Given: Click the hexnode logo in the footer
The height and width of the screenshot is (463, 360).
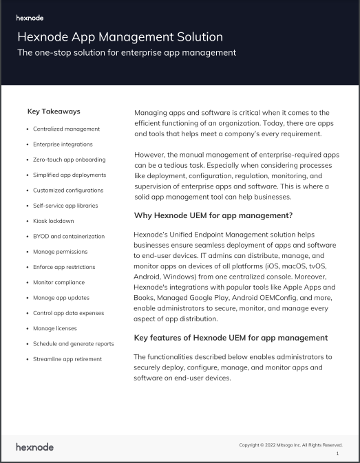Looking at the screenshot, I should (34, 447).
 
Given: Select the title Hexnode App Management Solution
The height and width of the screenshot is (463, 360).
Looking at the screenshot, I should (120, 36).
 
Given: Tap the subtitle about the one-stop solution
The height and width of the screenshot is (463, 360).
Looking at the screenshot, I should (126, 52).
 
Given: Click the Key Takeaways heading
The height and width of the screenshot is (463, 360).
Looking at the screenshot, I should (54, 111).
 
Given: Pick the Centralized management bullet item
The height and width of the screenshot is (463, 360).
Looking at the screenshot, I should (66, 129).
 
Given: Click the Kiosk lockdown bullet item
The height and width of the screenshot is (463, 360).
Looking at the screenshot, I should (54, 221).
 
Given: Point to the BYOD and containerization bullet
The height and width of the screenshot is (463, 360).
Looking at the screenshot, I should (69, 236).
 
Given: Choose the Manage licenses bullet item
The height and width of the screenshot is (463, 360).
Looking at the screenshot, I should (55, 328).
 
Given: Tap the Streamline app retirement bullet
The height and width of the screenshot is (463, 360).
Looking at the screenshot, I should (67, 359).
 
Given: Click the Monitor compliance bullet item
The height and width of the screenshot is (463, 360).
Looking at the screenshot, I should (59, 282).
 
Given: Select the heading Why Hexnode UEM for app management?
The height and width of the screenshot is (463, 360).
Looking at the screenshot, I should (213, 216).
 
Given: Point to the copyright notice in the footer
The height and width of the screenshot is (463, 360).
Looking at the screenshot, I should (290, 445).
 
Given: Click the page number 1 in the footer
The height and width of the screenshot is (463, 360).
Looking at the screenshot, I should (337, 453).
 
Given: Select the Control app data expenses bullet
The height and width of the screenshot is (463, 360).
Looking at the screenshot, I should (68, 313).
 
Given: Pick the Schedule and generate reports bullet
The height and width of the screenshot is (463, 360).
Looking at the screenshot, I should (74, 343).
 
